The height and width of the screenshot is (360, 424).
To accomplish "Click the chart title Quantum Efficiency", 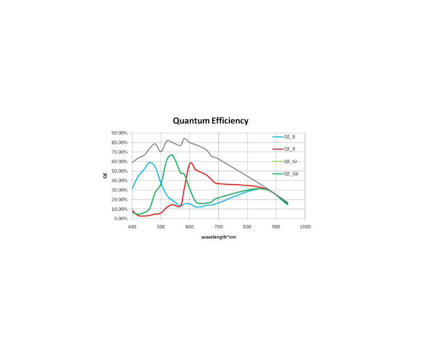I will [210, 121].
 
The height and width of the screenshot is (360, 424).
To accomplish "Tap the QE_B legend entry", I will [289, 137].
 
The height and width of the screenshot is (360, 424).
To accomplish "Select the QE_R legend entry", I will [289, 149].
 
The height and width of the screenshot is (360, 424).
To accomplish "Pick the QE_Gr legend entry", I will [290, 161].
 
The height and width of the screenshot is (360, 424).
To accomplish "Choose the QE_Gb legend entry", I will [290, 174].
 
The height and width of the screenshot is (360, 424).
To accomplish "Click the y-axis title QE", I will [105, 175].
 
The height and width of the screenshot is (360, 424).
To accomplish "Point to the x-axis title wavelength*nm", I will [218, 237].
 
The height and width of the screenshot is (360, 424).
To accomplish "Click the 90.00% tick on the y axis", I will [119, 133].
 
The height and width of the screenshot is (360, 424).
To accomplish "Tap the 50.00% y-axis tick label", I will [119, 171].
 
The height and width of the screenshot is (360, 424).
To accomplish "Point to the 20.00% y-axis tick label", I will [119, 200].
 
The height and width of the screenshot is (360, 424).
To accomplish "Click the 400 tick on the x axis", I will [132, 227].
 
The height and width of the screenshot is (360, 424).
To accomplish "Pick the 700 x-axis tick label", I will [218, 227].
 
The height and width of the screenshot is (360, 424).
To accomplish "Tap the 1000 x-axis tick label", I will [305, 227].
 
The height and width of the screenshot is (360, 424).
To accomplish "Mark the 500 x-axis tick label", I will [161, 227].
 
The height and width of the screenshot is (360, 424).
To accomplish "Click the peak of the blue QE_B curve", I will [150, 162].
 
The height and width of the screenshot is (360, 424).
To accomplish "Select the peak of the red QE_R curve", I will [190, 163].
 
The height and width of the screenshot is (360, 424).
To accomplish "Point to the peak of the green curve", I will [172, 155].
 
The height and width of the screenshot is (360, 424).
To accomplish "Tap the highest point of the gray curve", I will [184, 139].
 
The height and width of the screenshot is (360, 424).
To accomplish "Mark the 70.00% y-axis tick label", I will [119, 152].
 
